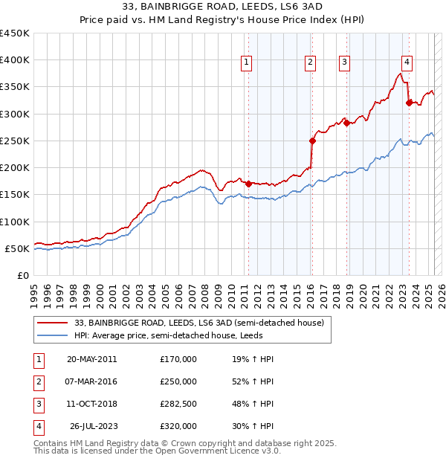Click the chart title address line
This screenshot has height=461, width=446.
click(223, 7)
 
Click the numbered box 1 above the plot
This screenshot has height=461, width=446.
click(246, 62)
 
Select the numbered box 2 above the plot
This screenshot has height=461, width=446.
click(310, 62)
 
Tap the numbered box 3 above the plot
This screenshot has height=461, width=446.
click(345, 62)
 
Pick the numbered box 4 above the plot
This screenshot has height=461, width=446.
click(407, 62)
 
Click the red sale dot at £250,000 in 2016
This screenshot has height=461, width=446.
click(312, 140)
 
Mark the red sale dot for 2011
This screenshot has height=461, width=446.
click(248, 183)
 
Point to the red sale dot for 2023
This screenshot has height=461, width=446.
click(409, 103)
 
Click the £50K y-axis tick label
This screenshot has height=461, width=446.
click(18, 248)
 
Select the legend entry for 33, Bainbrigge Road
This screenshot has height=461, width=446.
click(198, 323)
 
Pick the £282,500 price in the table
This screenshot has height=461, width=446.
click(178, 404)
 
